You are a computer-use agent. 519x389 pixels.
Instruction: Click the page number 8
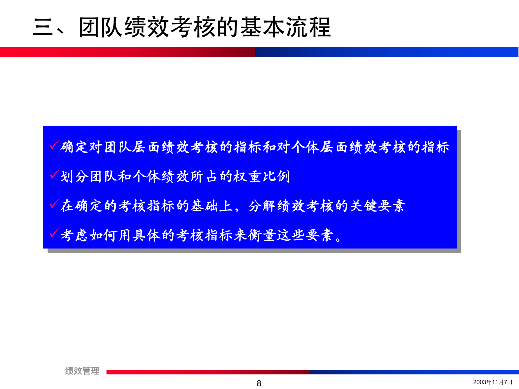click(259, 383)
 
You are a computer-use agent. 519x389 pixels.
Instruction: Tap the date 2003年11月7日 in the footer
click(493, 382)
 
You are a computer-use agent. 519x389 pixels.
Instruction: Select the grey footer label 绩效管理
click(82, 371)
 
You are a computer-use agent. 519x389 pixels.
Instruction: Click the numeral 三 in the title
click(43, 27)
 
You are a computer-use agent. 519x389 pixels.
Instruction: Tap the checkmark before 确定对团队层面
click(54, 145)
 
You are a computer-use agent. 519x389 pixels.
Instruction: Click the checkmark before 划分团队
click(54, 175)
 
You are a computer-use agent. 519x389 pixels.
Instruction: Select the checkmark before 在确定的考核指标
click(54, 204)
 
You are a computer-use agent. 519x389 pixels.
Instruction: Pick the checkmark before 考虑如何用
click(54, 233)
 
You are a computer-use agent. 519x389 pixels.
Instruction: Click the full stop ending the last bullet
click(338, 239)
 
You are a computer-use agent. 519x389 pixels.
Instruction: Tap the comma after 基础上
click(237, 210)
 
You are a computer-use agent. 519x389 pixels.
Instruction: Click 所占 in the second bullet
click(204, 177)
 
